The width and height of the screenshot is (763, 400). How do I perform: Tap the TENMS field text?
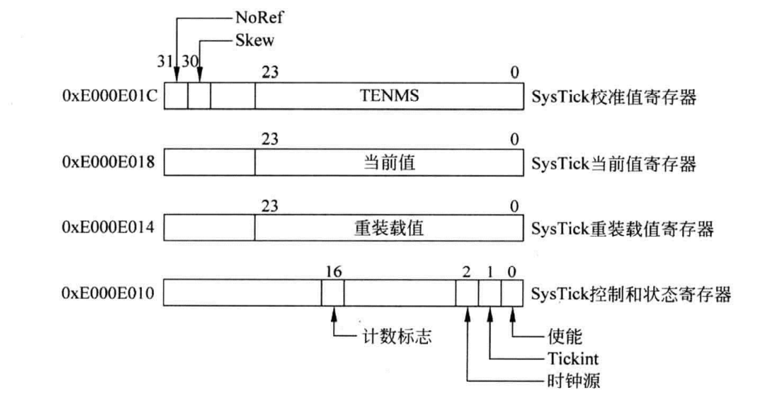(x=385, y=97)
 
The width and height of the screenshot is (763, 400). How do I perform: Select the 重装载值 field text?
(x=385, y=228)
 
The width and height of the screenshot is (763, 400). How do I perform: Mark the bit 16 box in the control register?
(x=332, y=294)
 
